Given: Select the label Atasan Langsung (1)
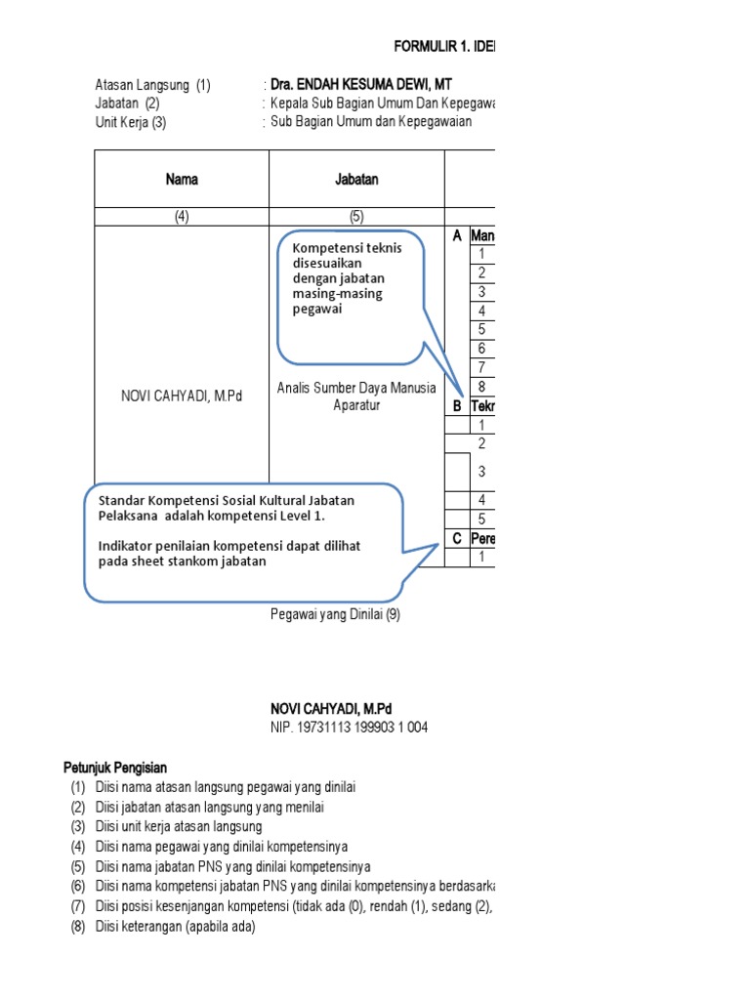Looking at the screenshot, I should click(152, 86).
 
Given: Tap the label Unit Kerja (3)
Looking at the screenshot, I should click(131, 122).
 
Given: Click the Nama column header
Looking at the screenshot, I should click(182, 180).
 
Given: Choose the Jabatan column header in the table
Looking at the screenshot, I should click(356, 180).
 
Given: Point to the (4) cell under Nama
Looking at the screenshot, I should click(182, 218).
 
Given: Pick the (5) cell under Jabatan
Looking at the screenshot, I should click(356, 218).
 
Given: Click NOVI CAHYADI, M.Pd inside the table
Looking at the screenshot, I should click(182, 396).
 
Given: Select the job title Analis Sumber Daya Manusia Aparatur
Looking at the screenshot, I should click(356, 396).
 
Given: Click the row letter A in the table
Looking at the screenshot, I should click(456, 236).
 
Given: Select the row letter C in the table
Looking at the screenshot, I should click(456, 538).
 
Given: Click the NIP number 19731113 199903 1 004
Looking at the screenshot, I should click(349, 728).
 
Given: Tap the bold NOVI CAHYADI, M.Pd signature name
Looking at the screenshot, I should click(332, 709).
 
